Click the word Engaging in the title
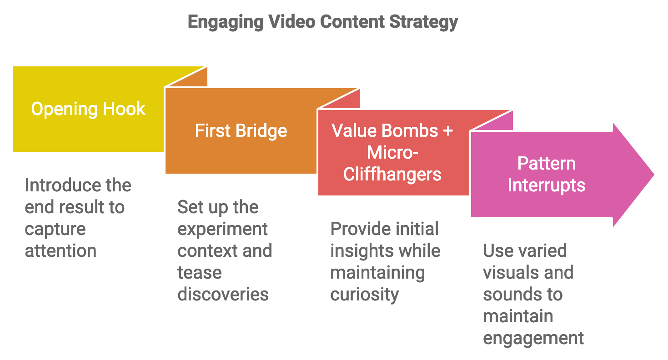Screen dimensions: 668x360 [226, 22]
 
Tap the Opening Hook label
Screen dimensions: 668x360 [88, 110]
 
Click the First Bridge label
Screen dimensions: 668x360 [241, 131]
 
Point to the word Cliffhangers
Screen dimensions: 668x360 [392, 175]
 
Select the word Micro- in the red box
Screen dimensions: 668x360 [392, 153]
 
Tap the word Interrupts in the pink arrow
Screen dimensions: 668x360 [546, 185]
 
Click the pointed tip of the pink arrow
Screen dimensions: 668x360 [654, 175]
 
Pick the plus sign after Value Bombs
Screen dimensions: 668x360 [447, 131]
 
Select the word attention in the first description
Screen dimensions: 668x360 [60, 251]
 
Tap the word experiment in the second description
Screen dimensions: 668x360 [222, 230]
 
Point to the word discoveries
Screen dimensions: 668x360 [223, 295]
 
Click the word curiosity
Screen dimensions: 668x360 [364, 295]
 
